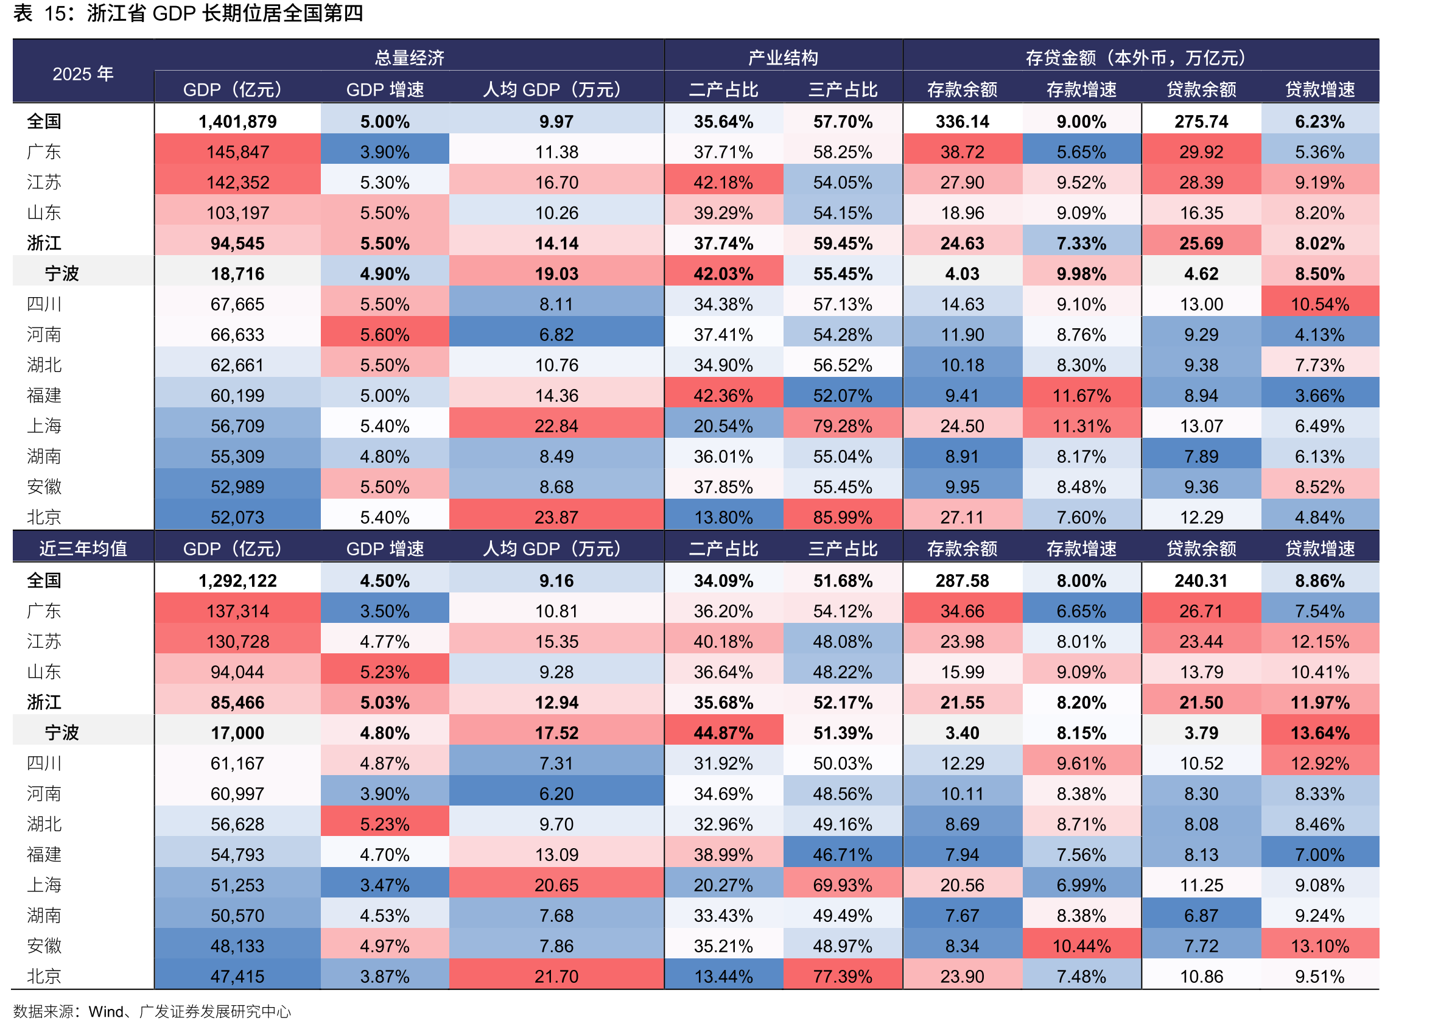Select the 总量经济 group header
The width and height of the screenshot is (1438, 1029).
tap(409, 58)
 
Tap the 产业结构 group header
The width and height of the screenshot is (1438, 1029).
tap(783, 58)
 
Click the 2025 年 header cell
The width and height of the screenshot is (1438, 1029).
tap(83, 74)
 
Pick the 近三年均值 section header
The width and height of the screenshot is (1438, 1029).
tap(83, 548)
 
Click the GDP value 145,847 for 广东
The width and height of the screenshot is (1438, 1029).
tap(237, 152)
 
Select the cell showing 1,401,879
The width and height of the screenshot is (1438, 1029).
tap(237, 122)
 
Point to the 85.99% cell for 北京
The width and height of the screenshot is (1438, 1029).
tap(843, 517)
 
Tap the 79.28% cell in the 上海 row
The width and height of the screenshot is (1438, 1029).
tap(843, 426)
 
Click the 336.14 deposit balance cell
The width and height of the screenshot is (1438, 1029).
tap(963, 122)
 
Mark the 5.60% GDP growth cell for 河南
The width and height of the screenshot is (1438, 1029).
tap(385, 334)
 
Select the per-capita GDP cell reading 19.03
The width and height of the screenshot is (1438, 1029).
tap(556, 274)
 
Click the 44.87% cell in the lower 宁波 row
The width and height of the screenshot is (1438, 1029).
tap(723, 732)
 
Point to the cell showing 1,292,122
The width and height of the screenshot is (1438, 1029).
tap(237, 580)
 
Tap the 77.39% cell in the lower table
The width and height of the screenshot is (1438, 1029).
tap(843, 976)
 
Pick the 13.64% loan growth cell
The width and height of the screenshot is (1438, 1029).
tap(1319, 732)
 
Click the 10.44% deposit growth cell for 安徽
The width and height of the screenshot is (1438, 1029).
tap(1081, 946)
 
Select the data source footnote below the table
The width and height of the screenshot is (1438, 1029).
tap(152, 1011)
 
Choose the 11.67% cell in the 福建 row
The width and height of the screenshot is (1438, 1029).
tap(1081, 395)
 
